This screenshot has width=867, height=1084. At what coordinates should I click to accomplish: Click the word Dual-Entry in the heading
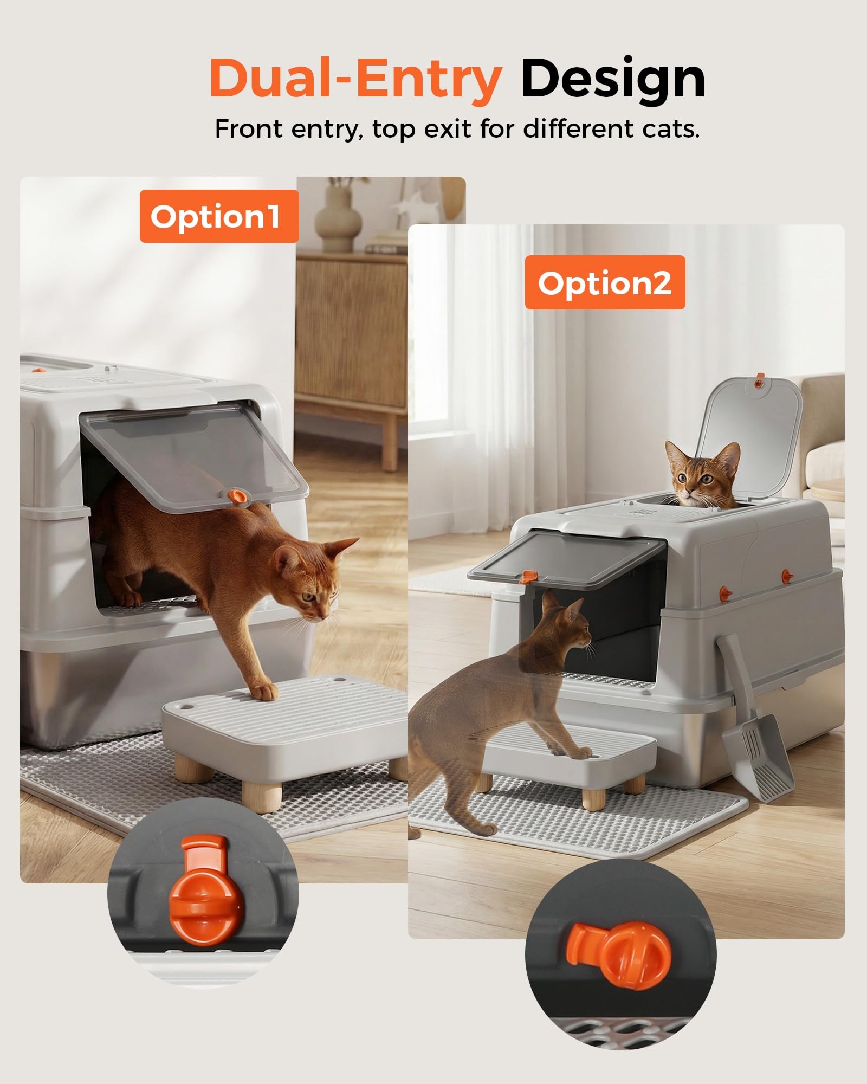[x=355, y=80]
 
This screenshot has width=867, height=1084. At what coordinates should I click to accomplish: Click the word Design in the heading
[x=613, y=80]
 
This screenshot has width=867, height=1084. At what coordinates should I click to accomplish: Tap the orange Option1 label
[x=219, y=216]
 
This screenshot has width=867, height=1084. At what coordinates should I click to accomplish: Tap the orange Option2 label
[x=605, y=282]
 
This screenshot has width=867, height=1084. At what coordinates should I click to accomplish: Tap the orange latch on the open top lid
[x=761, y=384]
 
